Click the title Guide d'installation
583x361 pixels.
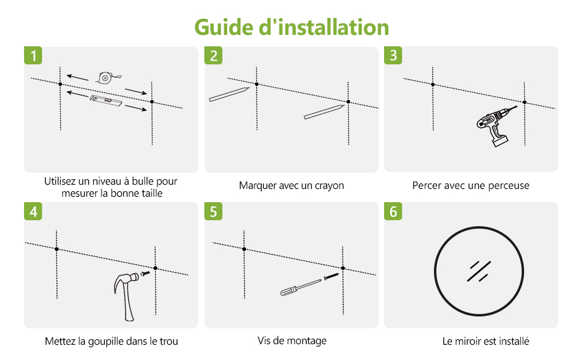(291, 27)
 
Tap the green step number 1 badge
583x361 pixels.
(33, 55)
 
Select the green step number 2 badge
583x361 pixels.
(213, 55)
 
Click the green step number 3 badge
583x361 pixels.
(393, 55)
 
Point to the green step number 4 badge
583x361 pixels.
(33, 211)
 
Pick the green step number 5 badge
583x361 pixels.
(213, 211)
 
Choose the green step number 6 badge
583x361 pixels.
(393, 211)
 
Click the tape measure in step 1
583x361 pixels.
(106, 78)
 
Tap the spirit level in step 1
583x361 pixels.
(106, 100)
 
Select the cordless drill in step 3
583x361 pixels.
(494, 125)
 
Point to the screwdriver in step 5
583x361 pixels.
(300, 288)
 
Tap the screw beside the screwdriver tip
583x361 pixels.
(331, 276)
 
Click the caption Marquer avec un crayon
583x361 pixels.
(291, 185)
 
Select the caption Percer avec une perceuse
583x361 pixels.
(471, 185)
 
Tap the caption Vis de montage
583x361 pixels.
(292, 341)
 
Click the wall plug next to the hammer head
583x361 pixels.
(145, 274)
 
